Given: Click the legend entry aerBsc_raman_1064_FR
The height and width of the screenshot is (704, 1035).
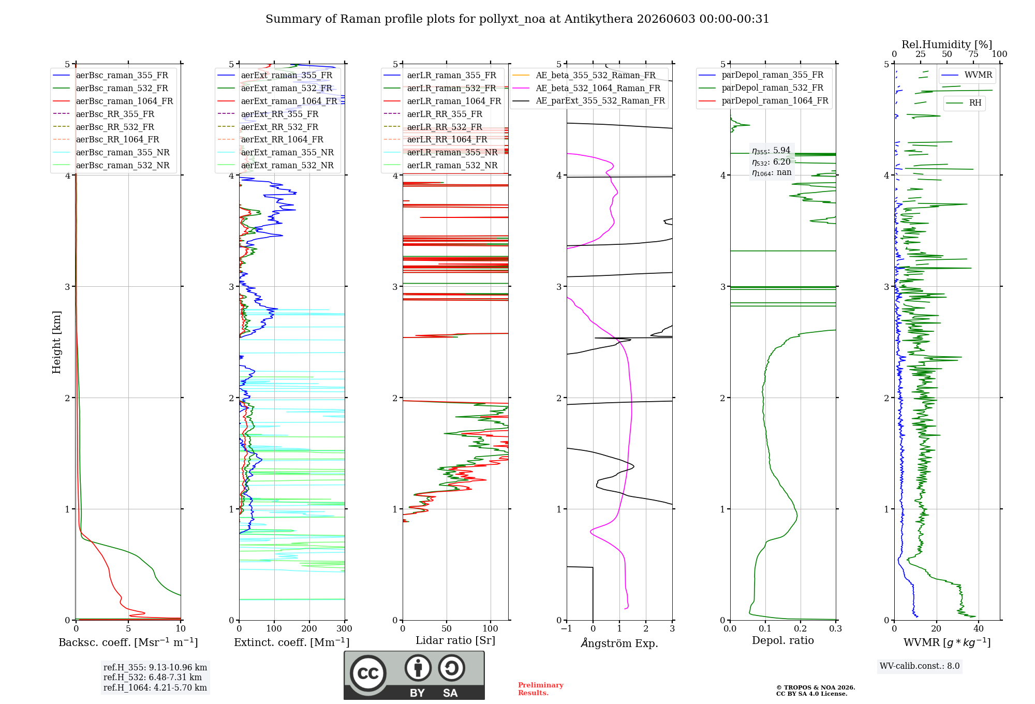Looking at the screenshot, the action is (113, 101).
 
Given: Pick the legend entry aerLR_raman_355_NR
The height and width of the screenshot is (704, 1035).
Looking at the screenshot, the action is (440, 153).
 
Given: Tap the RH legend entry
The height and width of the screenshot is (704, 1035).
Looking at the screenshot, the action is (964, 103).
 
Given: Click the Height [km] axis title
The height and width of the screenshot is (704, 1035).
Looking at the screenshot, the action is (56, 342).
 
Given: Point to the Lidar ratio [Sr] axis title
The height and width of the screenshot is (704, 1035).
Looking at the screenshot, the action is (455, 641).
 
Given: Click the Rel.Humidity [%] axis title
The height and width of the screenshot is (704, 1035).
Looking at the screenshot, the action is (947, 45).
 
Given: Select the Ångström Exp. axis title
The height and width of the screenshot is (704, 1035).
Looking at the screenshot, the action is (619, 643).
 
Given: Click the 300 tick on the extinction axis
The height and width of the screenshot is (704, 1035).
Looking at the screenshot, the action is (345, 629).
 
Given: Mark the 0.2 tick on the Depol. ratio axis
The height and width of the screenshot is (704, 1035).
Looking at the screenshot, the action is (801, 629).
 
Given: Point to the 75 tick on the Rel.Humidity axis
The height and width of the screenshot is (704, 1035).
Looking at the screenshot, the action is (973, 54).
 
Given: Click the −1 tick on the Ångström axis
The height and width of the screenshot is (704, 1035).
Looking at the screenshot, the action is (567, 629).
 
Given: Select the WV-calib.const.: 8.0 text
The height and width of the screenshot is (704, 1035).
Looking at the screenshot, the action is (920, 666).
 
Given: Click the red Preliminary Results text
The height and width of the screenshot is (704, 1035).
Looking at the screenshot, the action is (541, 689).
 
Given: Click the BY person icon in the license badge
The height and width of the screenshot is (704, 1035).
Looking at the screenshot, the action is (418, 668).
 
